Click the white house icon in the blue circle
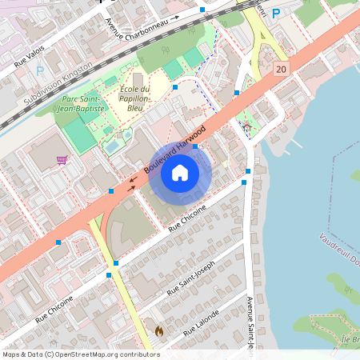point(180,172)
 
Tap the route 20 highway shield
point(280,70)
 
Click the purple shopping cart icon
point(62,159)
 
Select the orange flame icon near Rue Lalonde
point(158,330)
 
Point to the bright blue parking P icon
point(276,13)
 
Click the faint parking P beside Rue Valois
point(40,70)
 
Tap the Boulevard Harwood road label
point(175,151)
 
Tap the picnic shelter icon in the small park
point(246,127)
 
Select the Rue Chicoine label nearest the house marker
point(188,218)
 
